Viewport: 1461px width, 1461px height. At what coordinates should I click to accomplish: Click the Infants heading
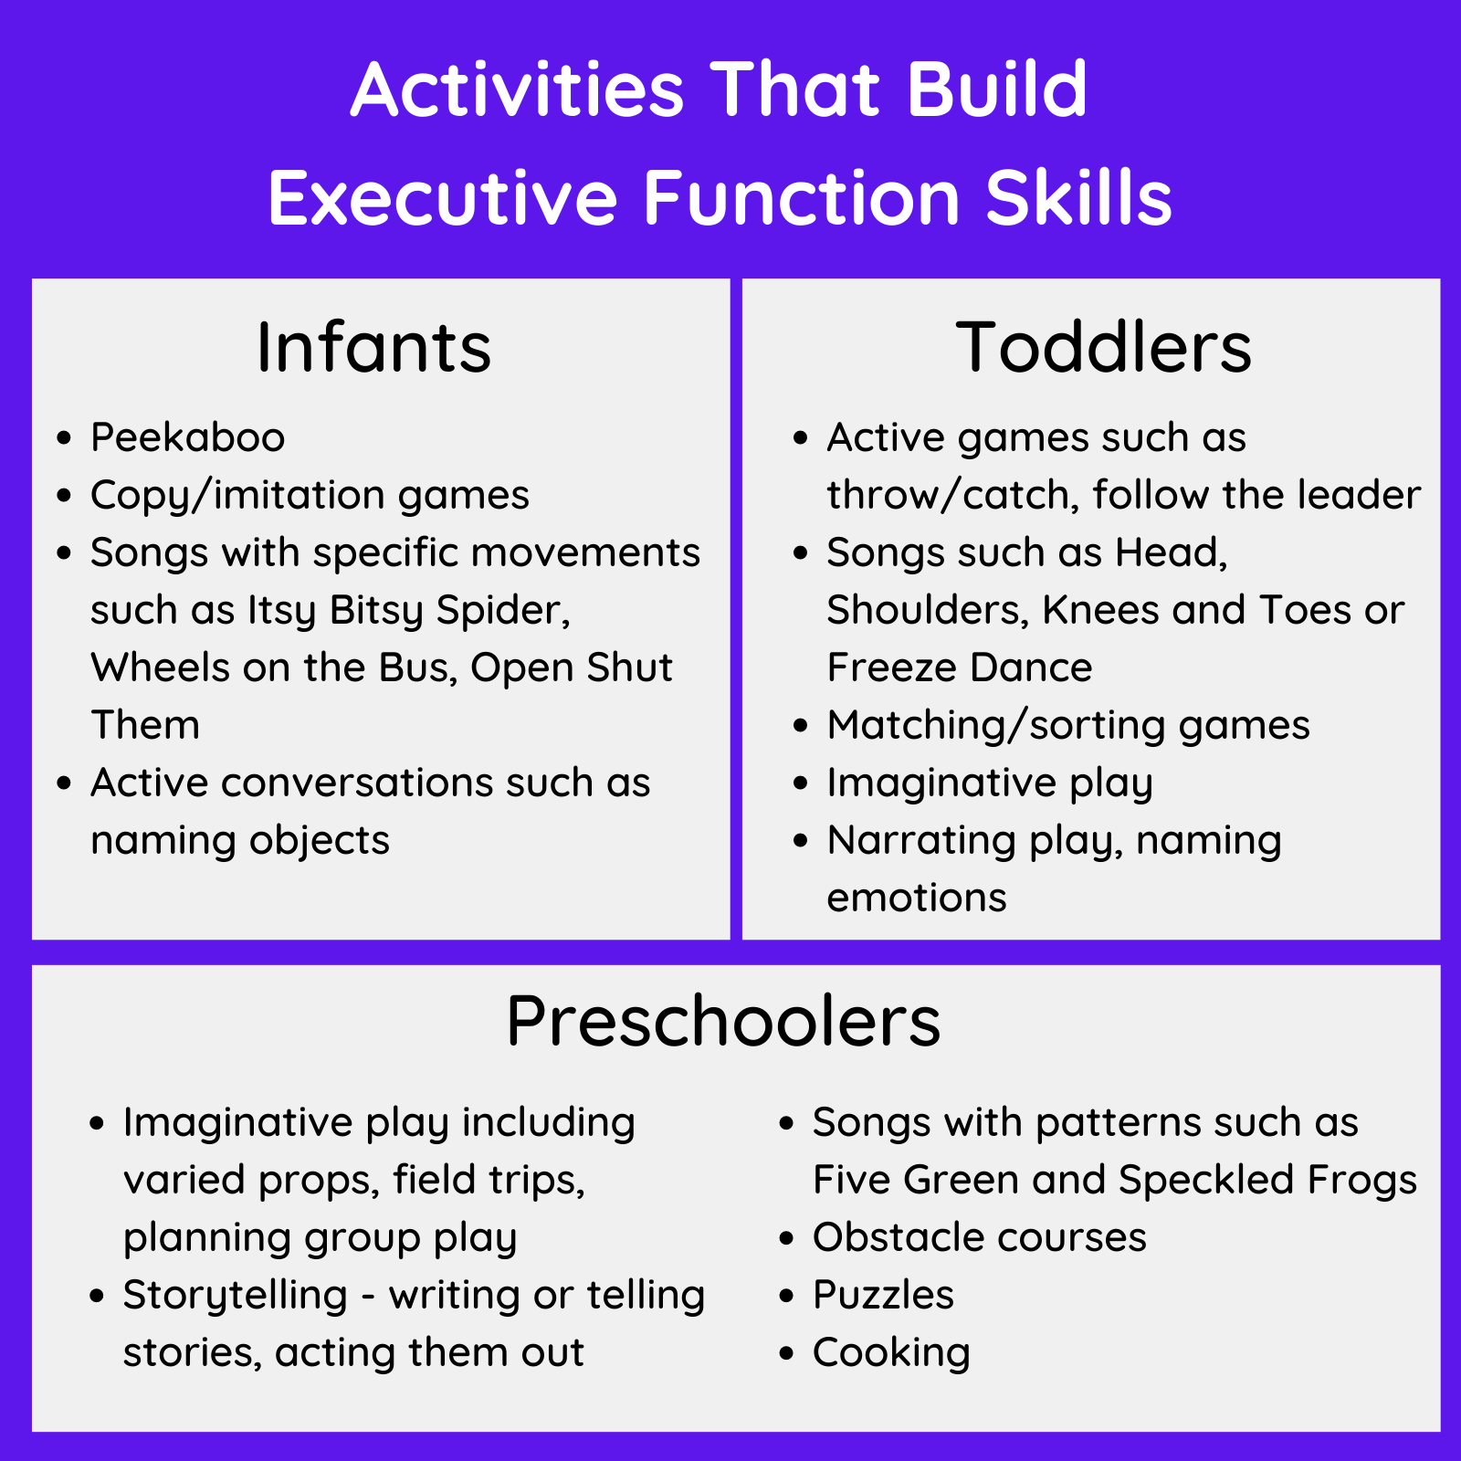pyautogui.click(x=373, y=348)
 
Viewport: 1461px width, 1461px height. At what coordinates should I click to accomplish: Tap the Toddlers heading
pyautogui.click(x=1103, y=348)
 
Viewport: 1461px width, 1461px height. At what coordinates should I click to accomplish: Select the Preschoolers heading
pyautogui.click(x=723, y=1021)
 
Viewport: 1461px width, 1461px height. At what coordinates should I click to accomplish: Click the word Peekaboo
pyautogui.click(x=187, y=437)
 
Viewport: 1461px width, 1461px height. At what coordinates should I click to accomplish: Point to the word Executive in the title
pyautogui.click(x=443, y=198)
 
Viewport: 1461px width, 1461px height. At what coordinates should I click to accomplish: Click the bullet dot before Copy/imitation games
pyautogui.click(x=64, y=496)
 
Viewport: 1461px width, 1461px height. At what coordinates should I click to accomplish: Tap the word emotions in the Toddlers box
pyautogui.click(x=916, y=898)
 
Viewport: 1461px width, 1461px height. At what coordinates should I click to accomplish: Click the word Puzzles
pyautogui.click(x=883, y=1295)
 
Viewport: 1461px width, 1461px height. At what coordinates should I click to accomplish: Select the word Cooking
pyautogui.click(x=891, y=1352)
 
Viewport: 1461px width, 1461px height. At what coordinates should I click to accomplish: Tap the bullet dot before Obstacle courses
pyautogui.click(x=787, y=1238)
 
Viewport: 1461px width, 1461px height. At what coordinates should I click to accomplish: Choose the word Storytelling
pyautogui.click(x=236, y=1295)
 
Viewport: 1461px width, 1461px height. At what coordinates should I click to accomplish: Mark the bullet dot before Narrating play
pyautogui.click(x=801, y=840)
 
